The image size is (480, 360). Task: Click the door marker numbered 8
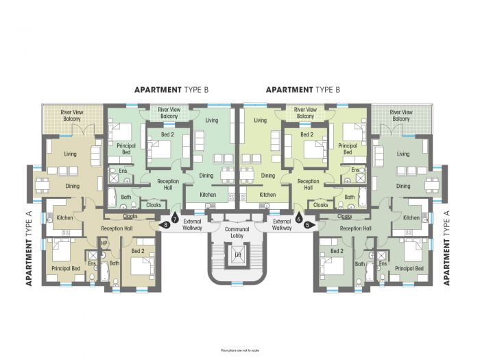coord(165,224)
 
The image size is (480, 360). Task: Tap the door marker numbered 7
coord(175,219)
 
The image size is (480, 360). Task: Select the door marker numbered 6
coord(298,219)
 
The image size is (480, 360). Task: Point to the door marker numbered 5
coord(307,224)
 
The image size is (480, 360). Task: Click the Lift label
coord(237,255)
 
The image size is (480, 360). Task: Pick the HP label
coord(104,243)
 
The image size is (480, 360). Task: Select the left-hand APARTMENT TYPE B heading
coord(171,90)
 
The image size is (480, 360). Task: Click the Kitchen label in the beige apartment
coord(64,218)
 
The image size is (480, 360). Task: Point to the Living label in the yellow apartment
coord(260,121)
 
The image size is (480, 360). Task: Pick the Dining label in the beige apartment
coord(72,185)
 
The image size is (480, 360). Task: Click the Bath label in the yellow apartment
coord(350,197)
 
